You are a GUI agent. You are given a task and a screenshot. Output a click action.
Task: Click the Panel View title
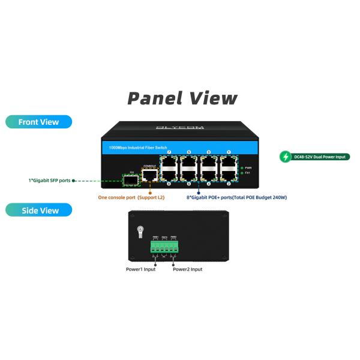(183, 98)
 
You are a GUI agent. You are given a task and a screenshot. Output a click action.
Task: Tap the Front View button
(39, 122)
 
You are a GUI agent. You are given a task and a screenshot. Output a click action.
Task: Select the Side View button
(39, 210)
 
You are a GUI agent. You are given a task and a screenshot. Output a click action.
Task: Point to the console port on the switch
(149, 175)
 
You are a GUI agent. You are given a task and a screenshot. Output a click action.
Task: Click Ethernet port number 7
(169, 162)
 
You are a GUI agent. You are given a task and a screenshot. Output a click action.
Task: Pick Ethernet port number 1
(228, 162)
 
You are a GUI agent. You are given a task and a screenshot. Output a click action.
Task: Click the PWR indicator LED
(241, 168)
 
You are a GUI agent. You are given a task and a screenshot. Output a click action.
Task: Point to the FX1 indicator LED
(241, 173)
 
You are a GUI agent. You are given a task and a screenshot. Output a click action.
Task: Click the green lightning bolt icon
(287, 157)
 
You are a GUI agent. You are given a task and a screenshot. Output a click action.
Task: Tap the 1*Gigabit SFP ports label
(49, 180)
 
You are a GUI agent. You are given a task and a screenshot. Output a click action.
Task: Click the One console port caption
(131, 197)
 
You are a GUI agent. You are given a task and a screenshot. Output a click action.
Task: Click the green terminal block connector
(165, 247)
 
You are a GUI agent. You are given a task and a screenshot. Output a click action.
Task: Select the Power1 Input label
(140, 269)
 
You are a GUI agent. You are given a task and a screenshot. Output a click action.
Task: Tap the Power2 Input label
(188, 269)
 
